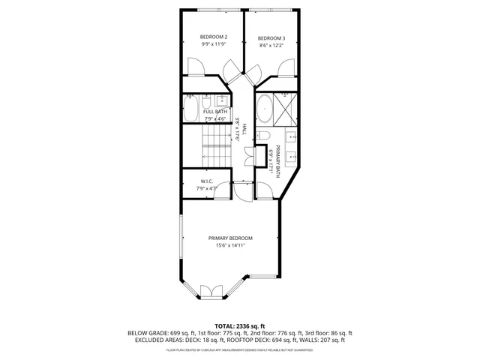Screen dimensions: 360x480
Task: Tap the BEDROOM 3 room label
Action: [271, 38]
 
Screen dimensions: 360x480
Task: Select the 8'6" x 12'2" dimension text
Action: [271, 46]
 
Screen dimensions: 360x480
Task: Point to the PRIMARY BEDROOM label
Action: [230, 238]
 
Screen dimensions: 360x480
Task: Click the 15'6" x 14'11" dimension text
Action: [230, 245]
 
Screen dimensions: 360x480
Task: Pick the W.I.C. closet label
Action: [208, 181]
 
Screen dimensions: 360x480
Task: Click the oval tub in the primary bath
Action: [264, 109]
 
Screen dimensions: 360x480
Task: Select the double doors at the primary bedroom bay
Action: [211, 291]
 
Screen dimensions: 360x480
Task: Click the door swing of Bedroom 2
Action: [194, 68]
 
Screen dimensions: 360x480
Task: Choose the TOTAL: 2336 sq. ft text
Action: [239, 325]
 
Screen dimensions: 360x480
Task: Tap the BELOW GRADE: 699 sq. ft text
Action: [155, 333]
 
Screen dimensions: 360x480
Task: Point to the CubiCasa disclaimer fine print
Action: [239, 349]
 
